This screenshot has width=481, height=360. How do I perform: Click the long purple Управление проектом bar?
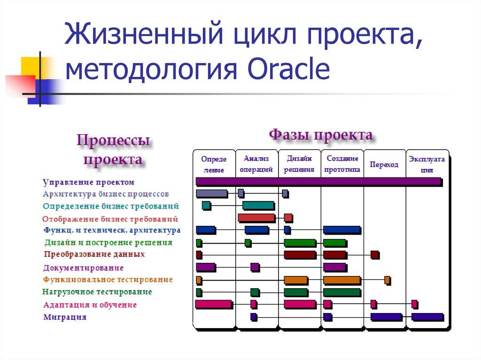coord(318,181)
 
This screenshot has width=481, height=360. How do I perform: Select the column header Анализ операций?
coord(256,164)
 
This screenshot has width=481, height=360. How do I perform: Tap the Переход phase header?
coord(384,164)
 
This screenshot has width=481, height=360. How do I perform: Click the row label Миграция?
coord(65,317)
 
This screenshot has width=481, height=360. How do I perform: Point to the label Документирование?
coord(83,268)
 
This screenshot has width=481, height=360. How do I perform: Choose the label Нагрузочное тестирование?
coord(97,292)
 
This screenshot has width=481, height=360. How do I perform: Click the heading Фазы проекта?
coord(321,135)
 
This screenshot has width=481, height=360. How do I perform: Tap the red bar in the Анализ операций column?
coord(256,218)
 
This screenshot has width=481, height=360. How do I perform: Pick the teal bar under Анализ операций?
coord(258,205)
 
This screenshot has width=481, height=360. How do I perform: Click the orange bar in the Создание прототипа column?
coord(341,280)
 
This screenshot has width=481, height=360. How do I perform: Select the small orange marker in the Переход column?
coord(387,280)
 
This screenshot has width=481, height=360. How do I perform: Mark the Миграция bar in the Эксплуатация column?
coord(427,317)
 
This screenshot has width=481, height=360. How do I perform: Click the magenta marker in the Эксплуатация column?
coord(414,304)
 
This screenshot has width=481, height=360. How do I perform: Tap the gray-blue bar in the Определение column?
coord(211,193)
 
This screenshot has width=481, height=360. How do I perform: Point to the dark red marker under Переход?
coord(374,255)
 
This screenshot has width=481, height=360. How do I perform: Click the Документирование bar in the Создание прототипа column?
coord(334,267)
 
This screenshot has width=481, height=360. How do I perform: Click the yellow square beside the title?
coord(30,66)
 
